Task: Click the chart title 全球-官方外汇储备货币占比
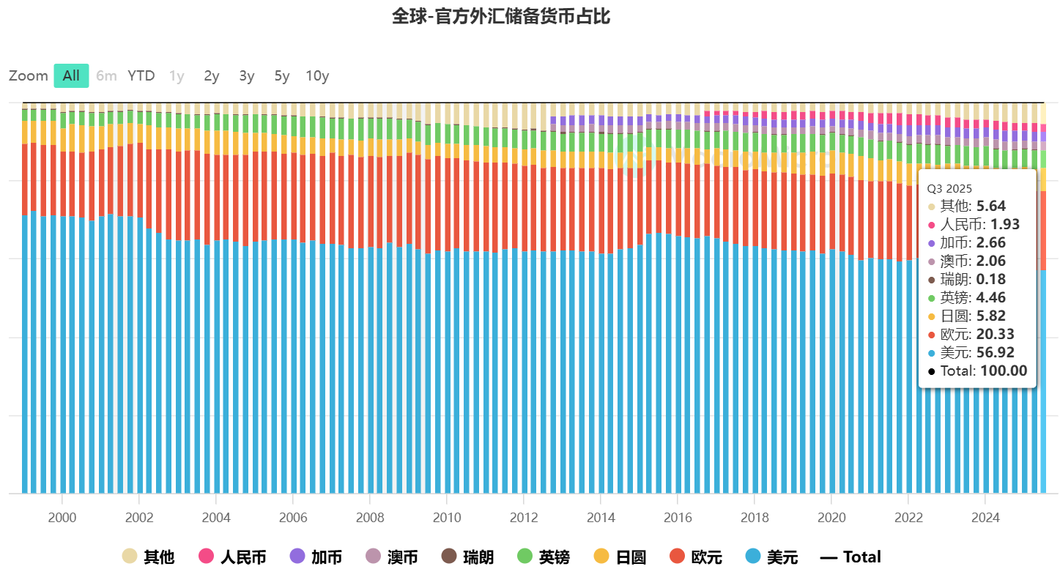click(x=501, y=17)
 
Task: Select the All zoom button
click(x=71, y=75)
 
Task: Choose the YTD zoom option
click(x=141, y=75)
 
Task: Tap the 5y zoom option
click(x=282, y=75)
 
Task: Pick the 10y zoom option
click(x=317, y=75)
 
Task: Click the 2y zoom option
click(x=212, y=75)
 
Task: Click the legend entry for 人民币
click(x=232, y=557)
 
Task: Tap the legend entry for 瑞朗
click(x=468, y=557)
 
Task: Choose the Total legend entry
click(x=850, y=557)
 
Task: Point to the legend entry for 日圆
click(x=620, y=557)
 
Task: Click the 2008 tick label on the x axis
click(x=370, y=518)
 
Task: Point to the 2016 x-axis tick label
click(x=678, y=518)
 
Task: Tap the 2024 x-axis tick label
click(x=985, y=518)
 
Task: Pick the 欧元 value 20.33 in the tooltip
click(x=995, y=334)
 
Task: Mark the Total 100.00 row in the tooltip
click(x=976, y=371)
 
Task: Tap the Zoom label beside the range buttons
click(x=29, y=75)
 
